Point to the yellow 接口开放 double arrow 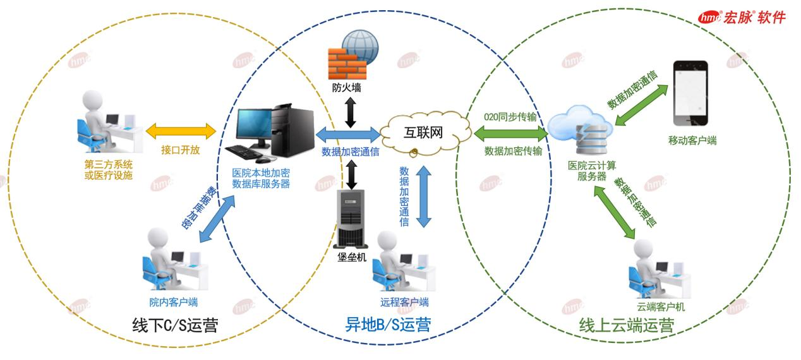click(x=181, y=131)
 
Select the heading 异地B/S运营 click(x=389, y=325)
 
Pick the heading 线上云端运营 click(x=626, y=326)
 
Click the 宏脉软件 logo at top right click(x=742, y=17)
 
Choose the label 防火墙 click(x=348, y=88)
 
